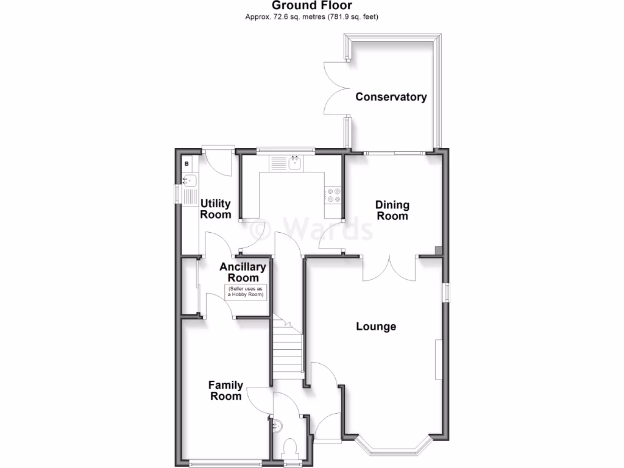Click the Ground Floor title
pos(311,5)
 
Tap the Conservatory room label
pos(391,97)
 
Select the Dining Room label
pos(392,210)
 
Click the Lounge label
pos(376,327)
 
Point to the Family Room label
pos(225,391)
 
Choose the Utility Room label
pos(216,209)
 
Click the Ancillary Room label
pos(243,272)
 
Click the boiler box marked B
pos(186,164)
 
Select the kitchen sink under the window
pos(294,163)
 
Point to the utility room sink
pos(189,180)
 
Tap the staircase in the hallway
pos(288,350)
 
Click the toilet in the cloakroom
pos(290,448)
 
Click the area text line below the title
pos(311,17)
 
